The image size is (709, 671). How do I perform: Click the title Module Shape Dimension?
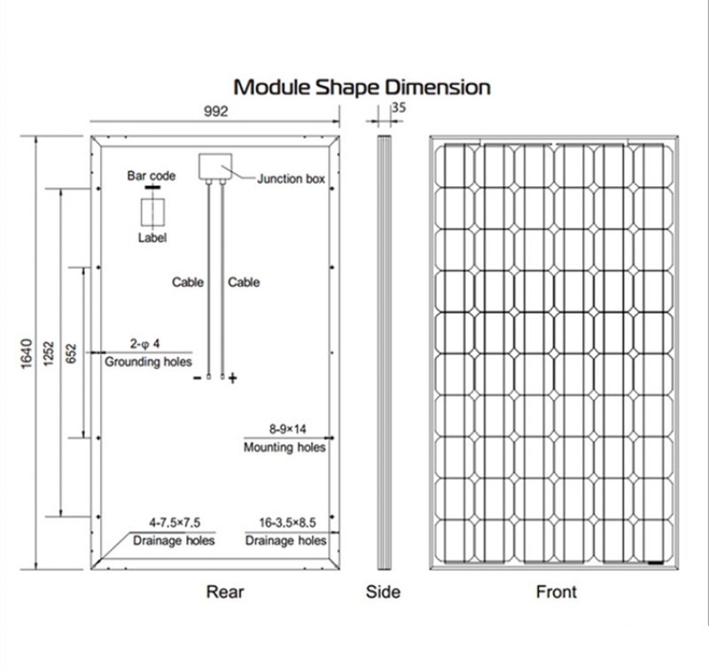pos(361,87)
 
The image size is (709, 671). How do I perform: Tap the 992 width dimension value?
pos(215,112)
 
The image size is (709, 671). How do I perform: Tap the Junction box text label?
pos(291,178)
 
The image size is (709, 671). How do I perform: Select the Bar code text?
pos(152,176)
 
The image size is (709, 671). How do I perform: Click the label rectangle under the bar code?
pos(152,214)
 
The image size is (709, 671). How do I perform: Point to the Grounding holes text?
pos(148,362)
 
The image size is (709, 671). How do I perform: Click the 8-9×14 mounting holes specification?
pos(285,429)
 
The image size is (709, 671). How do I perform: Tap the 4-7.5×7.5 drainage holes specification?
pos(174,523)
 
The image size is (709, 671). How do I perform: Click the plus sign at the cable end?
pos(233,378)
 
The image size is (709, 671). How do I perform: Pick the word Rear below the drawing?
pos(224,591)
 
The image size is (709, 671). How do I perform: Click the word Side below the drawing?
pos(383,591)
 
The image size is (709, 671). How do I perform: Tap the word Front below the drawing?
pos(556,591)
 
